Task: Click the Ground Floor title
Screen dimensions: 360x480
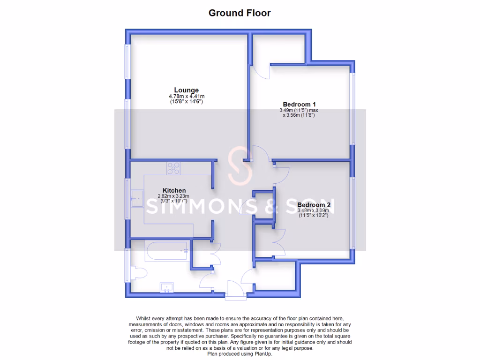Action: tap(240, 13)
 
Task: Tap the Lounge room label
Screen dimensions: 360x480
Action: tap(186, 90)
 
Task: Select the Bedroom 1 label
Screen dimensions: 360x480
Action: tap(299, 104)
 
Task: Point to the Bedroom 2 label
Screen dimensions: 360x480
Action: tap(314, 205)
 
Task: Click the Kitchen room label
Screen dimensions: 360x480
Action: tap(174, 190)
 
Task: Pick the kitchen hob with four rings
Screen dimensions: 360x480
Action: tap(173, 168)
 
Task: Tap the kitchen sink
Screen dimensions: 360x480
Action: tap(138, 199)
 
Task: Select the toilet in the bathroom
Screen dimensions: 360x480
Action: tap(138, 273)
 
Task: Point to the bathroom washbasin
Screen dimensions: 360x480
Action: tap(167, 287)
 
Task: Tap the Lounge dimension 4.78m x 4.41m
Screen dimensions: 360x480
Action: tap(187, 97)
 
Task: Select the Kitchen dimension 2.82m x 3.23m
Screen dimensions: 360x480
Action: tap(174, 196)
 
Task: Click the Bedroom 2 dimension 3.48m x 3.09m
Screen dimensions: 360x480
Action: tap(313, 210)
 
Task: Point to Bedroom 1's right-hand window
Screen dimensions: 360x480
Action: tap(353, 109)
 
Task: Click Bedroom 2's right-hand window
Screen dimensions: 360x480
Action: tap(353, 211)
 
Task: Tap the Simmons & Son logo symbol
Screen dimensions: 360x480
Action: tap(240, 167)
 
